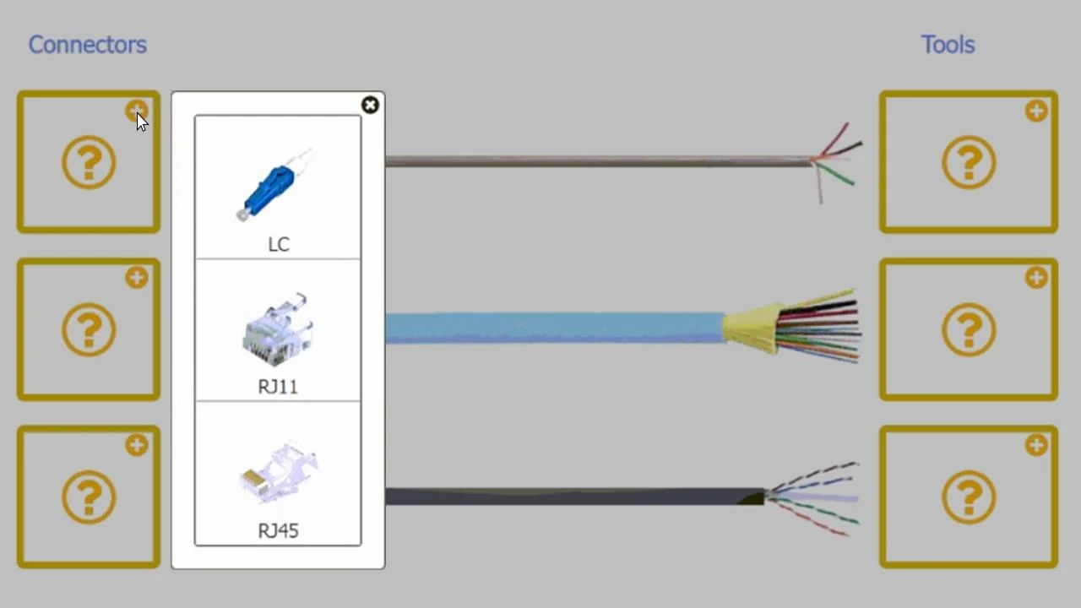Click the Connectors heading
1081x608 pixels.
(87, 45)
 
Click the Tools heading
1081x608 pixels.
(948, 45)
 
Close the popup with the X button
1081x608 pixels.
(370, 105)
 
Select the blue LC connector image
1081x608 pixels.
(274, 184)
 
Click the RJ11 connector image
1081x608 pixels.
(278, 329)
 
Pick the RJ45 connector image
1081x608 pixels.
(279, 472)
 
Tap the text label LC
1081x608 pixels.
(279, 245)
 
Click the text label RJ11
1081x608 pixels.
(278, 387)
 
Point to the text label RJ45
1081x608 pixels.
(279, 531)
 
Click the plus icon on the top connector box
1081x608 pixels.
(137, 111)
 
